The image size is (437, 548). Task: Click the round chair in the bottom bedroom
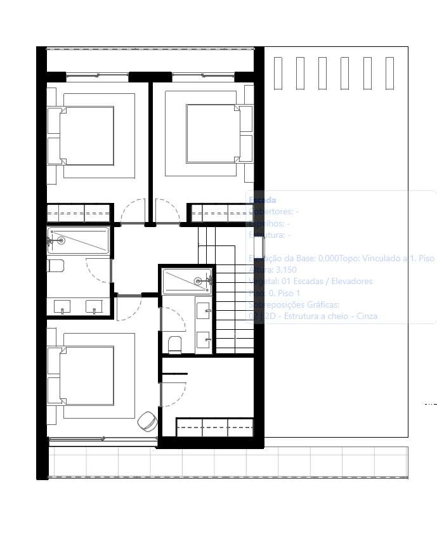pyautogui.click(x=148, y=421)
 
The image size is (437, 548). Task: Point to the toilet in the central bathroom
pyautogui.click(x=174, y=344)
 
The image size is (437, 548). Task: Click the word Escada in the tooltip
pyautogui.click(x=263, y=200)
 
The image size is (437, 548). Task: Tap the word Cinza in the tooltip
pyautogui.click(x=366, y=316)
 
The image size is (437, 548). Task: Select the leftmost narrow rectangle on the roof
pyautogui.click(x=277, y=73)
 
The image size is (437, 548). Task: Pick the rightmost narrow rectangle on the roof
pyautogui.click(x=389, y=73)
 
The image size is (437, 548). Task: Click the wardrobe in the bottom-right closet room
pyautogui.click(x=214, y=427)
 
